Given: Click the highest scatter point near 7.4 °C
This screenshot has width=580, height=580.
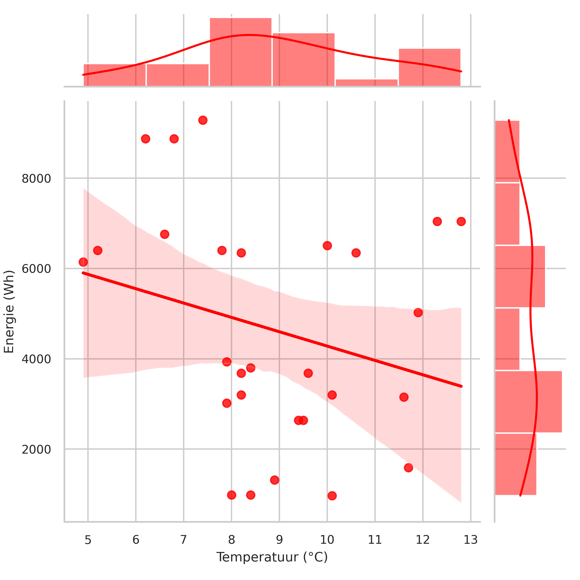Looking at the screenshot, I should coord(203,120).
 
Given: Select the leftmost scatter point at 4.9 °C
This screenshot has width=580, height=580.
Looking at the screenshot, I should coord(83,262).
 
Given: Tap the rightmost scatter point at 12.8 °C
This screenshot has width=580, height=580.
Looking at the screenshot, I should coord(461,222).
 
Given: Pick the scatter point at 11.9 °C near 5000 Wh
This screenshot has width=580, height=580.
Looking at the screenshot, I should coord(418,313).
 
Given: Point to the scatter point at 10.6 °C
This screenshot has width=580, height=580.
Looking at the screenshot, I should coord(356,253).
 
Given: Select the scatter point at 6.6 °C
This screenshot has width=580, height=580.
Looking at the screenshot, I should coord(165,234).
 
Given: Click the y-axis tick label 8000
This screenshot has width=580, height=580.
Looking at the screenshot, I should coord(36,179).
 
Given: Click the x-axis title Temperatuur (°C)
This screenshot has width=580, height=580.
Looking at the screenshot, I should coord(272,557).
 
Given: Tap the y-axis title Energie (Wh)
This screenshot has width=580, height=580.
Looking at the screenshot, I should coord(9,312).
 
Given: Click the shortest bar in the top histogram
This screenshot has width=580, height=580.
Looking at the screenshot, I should coord(367,83).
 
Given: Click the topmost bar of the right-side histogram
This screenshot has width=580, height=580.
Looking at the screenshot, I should coord(507,151).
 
